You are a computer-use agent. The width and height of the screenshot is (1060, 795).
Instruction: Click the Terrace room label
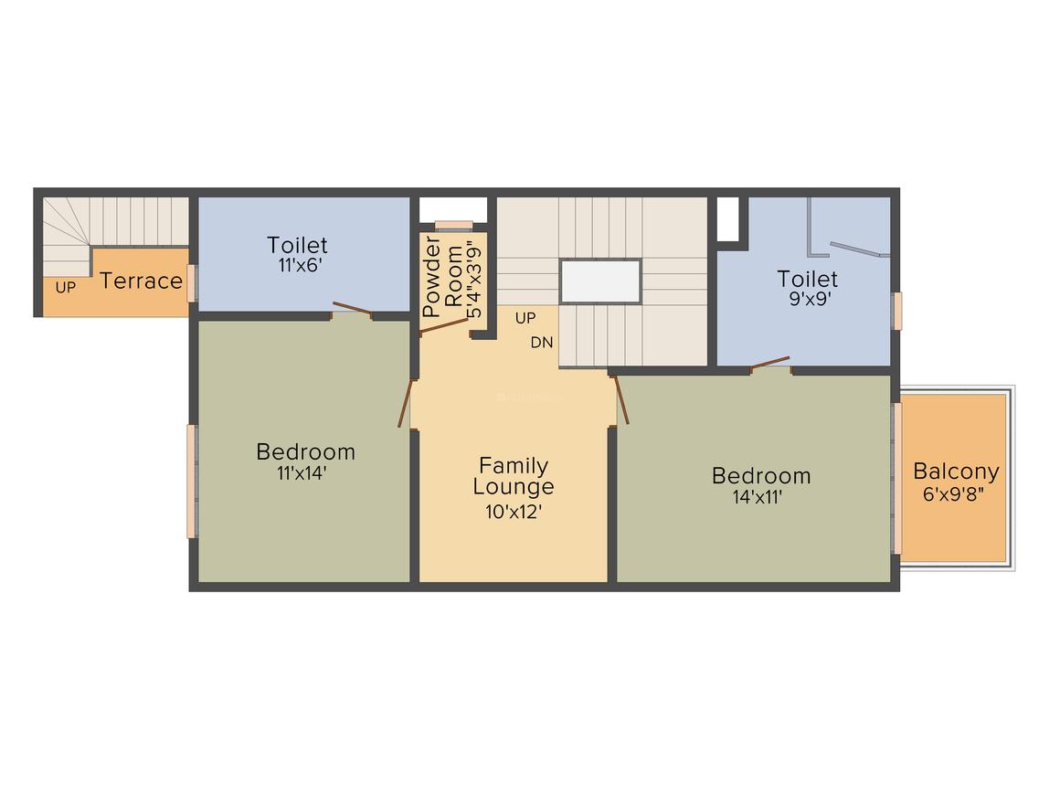tap(141, 281)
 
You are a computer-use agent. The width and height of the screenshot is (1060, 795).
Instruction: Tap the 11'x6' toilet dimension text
tap(297, 264)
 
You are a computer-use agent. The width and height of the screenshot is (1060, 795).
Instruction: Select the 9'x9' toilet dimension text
tap(807, 298)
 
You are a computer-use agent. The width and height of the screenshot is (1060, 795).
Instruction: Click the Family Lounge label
tap(513, 476)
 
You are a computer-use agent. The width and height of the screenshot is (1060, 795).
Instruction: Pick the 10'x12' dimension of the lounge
tap(514, 512)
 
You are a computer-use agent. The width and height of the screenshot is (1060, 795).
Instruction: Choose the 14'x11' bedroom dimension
tap(760, 497)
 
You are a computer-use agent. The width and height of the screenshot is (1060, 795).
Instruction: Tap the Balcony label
tap(956, 472)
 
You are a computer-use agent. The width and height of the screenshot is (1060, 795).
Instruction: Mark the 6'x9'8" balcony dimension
tap(956, 494)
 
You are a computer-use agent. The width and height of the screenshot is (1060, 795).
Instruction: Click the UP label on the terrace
tap(65, 287)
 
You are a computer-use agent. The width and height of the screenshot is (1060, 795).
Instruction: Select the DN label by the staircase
tap(541, 343)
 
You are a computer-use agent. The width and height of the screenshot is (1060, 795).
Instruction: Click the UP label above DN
tap(525, 318)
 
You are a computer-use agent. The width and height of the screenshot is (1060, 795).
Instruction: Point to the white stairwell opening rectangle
tap(600, 281)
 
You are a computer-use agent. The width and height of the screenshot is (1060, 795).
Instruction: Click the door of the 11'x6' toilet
tap(352, 309)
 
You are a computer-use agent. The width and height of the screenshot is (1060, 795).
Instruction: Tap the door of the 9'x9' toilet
tap(770, 363)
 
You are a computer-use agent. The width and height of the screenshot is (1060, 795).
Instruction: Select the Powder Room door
tap(443, 326)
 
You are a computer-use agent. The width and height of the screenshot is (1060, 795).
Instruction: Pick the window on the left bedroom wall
tap(192, 481)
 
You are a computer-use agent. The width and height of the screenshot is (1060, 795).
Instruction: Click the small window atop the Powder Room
tap(452, 224)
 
